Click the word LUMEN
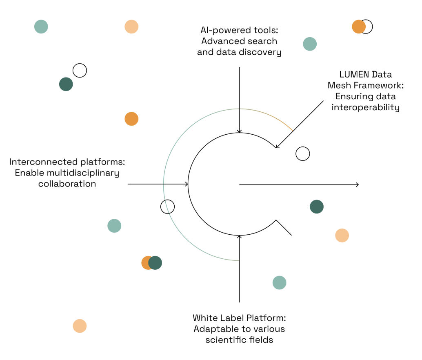(x=353, y=75)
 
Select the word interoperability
(x=365, y=107)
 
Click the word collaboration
(x=67, y=184)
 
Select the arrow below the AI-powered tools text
(x=239, y=100)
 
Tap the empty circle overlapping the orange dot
(x=367, y=27)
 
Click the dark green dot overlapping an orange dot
(x=155, y=263)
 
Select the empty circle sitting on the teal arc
(x=167, y=207)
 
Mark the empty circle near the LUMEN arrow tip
(x=303, y=154)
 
